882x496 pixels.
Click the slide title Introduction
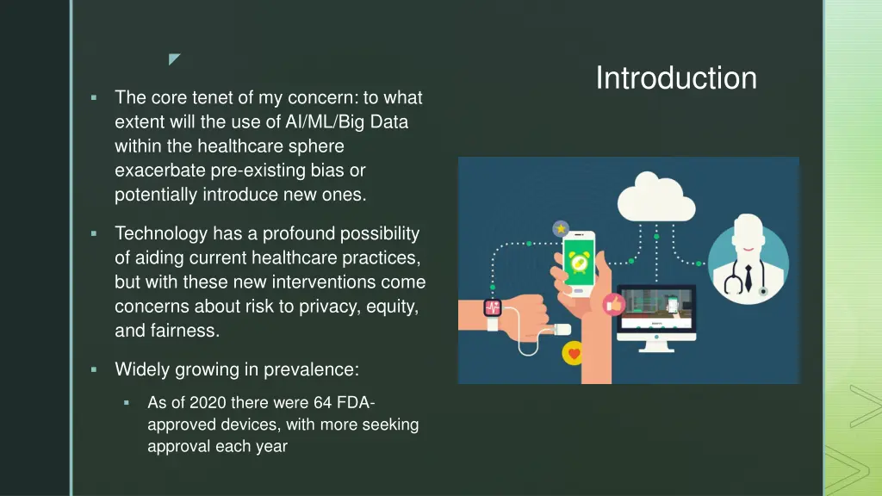(676, 78)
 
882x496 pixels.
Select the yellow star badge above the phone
(561, 229)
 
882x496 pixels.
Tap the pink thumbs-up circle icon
(614, 303)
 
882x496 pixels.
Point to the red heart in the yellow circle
(574, 353)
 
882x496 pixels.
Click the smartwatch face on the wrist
(494, 309)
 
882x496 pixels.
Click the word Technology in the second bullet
(161, 233)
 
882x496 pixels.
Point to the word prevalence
(311, 370)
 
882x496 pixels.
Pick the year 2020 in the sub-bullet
(208, 403)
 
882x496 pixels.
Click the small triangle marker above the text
(174, 59)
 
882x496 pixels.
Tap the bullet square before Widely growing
(94, 369)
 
